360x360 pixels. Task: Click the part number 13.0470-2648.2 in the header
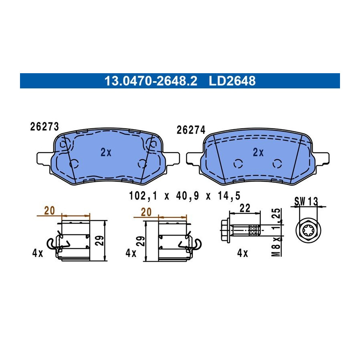151,81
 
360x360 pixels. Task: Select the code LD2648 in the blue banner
232,81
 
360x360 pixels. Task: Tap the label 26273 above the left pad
44,126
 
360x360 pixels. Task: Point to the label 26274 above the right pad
191,130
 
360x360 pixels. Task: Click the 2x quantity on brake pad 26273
106,152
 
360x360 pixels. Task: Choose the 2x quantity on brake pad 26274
258,152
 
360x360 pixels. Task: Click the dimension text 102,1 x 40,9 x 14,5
184,196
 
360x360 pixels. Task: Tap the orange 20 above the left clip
50,210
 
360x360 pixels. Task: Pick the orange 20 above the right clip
146,212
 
